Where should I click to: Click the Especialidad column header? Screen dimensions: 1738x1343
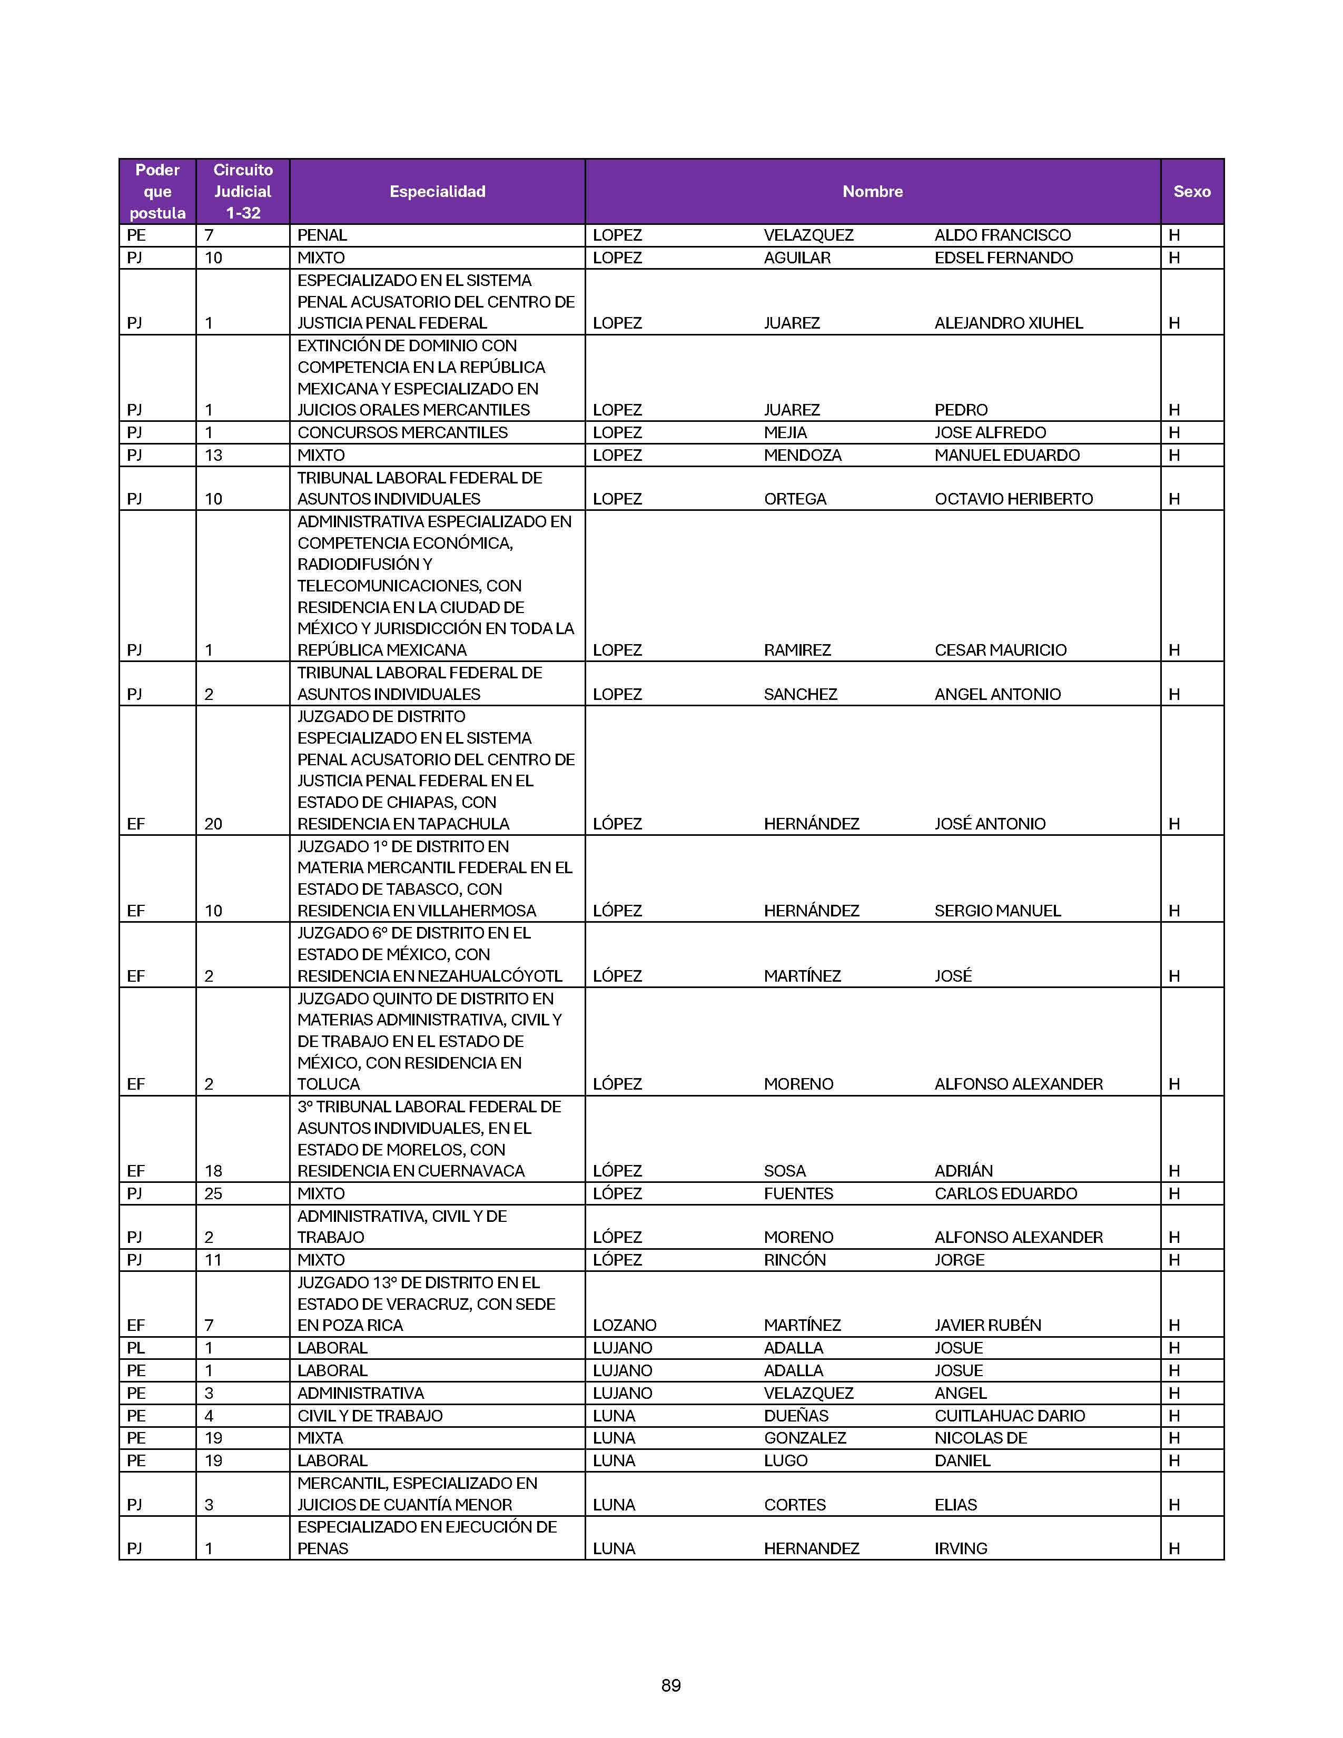pos(437,192)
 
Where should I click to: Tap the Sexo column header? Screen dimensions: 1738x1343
pos(1191,192)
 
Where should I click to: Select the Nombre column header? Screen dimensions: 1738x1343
pos(872,192)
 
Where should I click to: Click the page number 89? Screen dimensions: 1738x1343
pos(670,1685)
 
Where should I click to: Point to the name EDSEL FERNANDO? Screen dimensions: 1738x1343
pos(1003,258)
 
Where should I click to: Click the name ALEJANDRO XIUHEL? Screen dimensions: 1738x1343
pos(1008,323)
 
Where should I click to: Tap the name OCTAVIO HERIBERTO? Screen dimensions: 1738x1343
pos(1013,499)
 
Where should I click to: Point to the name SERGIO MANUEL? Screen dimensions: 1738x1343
pos(997,911)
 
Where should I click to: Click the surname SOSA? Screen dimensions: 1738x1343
pos(785,1171)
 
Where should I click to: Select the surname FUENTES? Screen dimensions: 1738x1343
pos(798,1193)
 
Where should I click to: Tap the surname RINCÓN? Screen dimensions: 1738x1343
pos(794,1260)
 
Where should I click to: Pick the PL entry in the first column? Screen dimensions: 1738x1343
pos(135,1348)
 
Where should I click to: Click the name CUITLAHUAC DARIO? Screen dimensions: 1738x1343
pos(1009,1416)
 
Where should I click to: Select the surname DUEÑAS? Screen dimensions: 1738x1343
pos(796,1416)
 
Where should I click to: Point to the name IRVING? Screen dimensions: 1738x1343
pos(960,1548)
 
